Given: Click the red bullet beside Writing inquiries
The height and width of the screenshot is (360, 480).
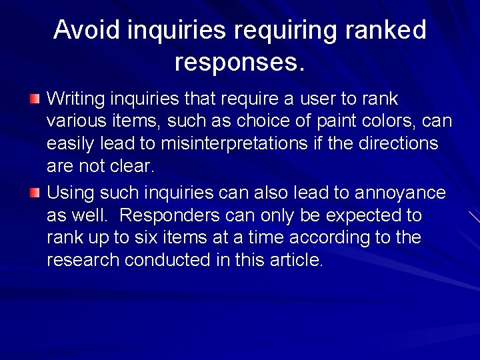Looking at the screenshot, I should (35, 99).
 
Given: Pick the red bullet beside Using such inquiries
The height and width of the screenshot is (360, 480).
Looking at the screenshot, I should (35, 193).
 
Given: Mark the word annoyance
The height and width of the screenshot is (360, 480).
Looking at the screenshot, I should (400, 193).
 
